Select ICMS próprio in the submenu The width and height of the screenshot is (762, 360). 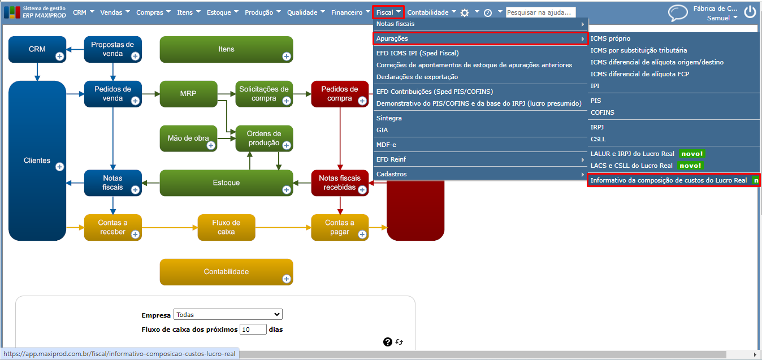pos(611,38)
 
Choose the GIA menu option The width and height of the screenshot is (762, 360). pos(382,130)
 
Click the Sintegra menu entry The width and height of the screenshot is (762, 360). pos(389,118)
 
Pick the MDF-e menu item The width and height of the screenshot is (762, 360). pos(386,145)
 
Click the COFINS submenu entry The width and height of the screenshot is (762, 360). pos(602,112)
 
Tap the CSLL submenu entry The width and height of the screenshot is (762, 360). pos(598,139)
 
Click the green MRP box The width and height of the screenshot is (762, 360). pos(188,94)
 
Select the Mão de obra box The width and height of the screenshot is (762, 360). pos(188,138)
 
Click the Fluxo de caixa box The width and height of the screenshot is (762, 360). pos(226,227)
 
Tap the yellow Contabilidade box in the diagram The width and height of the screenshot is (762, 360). pos(226,272)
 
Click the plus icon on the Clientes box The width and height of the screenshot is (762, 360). pos(59,167)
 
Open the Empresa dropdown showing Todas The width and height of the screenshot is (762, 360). pos(228,314)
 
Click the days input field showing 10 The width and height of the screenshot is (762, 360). pos(253,329)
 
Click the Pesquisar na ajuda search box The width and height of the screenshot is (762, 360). pos(540,12)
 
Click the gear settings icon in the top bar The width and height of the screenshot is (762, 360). pos(465,12)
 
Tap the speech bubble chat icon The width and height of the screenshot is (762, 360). pos(678,13)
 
